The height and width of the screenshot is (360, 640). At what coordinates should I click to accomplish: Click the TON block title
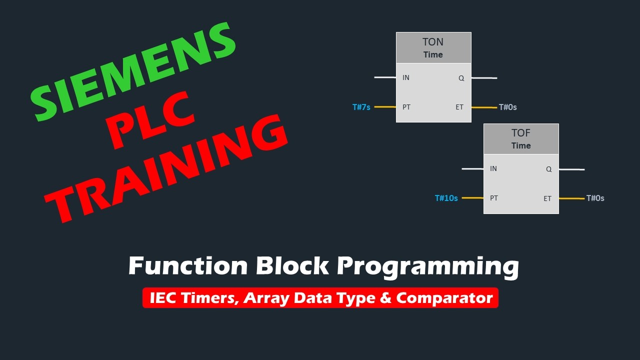point(433,42)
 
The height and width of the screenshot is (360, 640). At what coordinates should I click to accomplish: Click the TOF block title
point(520,133)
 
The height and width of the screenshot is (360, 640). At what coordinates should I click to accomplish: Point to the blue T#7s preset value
point(361,107)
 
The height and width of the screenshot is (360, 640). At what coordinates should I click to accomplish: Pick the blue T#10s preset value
point(446,198)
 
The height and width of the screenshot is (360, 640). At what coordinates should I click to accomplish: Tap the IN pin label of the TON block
point(406,77)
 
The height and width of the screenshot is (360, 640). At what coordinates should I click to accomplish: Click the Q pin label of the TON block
point(461,78)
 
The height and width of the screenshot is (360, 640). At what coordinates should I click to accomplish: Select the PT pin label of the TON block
point(406,107)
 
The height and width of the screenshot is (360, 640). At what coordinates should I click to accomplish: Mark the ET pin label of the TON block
point(459,107)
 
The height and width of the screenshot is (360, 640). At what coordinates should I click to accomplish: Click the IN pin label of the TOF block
point(493,168)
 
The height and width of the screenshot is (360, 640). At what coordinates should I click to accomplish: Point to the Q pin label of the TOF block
point(548,169)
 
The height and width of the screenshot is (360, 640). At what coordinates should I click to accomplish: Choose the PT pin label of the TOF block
point(494,198)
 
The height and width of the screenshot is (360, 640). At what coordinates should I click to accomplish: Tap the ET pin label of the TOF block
point(547,198)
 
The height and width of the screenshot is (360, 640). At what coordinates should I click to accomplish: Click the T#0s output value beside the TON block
point(507,107)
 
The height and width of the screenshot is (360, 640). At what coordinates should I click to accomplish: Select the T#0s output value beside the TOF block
point(595,198)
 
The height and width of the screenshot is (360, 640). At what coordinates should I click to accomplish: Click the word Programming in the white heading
point(427,266)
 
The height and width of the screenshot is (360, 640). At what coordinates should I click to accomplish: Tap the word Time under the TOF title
point(520,145)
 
